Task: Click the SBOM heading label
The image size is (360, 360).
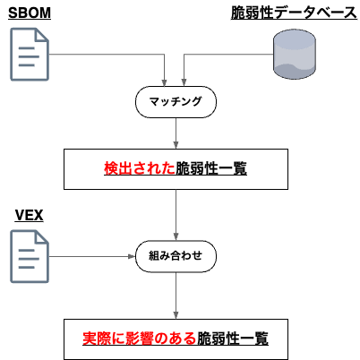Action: [30, 13]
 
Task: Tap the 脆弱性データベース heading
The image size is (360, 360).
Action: [287, 13]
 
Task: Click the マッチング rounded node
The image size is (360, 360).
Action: [176, 102]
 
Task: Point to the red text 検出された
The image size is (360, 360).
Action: [140, 167]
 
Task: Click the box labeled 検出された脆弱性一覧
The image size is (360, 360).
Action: [176, 167]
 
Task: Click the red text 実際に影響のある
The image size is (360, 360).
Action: [140, 339]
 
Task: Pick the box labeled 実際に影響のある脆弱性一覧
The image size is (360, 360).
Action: [176, 339]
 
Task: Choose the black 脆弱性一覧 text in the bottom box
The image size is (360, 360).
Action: [233, 339]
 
